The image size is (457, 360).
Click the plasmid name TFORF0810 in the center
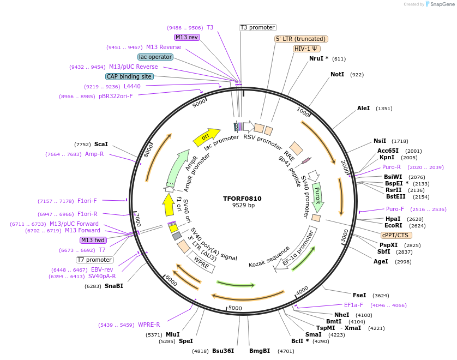point(243,199)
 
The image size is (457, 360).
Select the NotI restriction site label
point(337,74)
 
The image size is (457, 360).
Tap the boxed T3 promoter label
point(258,27)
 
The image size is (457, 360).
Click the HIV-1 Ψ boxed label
point(306,49)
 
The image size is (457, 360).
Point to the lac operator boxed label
point(155,57)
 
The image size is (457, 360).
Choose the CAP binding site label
point(129,77)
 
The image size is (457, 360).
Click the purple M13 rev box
point(187,37)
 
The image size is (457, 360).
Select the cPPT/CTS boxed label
point(395,235)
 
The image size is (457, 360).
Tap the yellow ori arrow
point(206,136)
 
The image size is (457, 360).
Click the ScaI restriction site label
point(101,144)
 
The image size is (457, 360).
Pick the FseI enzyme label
point(359,295)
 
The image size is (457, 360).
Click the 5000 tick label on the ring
point(235,308)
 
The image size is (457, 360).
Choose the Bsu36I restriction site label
point(223,351)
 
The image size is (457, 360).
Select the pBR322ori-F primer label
point(116,97)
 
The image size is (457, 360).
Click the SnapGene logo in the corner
point(439,4)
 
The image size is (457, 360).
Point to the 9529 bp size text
point(243,206)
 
